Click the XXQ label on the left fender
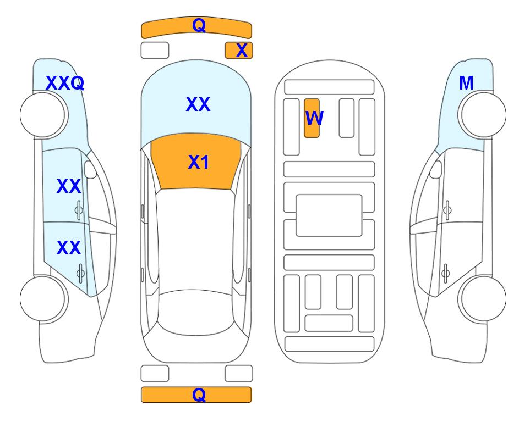tap(65, 83)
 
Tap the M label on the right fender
tap(466, 83)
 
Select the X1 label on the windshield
tap(199, 162)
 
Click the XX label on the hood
tap(198, 104)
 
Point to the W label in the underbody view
tap(314, 118)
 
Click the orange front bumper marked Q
tap(196, 27)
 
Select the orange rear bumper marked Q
tap(196, 395)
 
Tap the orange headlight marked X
tap(239, 51)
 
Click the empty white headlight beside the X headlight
tap(155, 51)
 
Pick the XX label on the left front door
tap(69, 186)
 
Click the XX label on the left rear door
tap(69, 248)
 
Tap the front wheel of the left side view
tap(43, 115)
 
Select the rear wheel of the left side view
tap(43, 298)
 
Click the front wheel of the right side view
tap(483, 115)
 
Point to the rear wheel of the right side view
tap(483, 298)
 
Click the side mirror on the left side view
tap(90, 170)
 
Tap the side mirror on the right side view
tap(435, 170)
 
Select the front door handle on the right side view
tap(447, 210)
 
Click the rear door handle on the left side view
tap(80, 273)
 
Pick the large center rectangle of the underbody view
tap(329, 215)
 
